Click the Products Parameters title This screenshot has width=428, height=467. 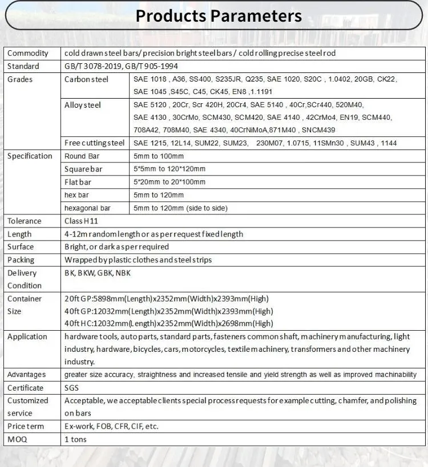(x=219, y=15)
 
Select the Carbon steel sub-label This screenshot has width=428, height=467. (x=86, y=79)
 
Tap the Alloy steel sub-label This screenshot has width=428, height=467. (x=83, y=105)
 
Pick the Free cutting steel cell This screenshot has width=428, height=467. (x=94, y=143)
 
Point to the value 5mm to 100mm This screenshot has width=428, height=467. (x=159, y=156)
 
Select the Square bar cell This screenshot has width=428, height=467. (x=83, y=169)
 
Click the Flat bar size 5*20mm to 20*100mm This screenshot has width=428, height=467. (x=169, y=182)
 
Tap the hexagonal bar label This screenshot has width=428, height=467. (x=87, y=208)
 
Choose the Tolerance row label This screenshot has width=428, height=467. (x=25, y=221)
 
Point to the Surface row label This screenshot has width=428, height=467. (x=21, y=247)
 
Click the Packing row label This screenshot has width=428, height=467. (x=21, y=260)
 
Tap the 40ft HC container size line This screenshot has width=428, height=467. (x=168, y=323)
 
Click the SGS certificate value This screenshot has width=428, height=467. (x=72, y=388)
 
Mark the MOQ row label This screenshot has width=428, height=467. (x=17, y=439)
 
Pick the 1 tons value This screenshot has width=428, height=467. (x=75, y=439)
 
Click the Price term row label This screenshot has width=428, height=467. (x=25, y=426)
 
